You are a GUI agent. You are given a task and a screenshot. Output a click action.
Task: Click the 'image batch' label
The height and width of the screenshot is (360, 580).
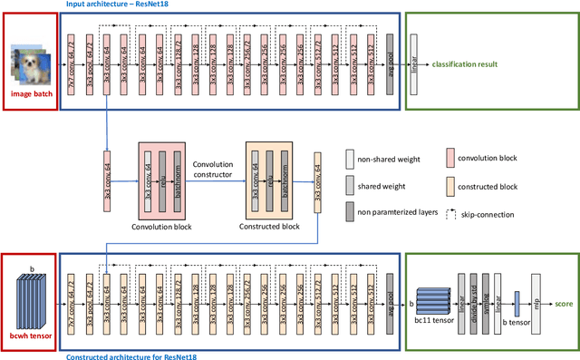point(29,93)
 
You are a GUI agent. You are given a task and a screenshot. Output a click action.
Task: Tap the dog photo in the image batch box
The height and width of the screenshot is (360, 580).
point(30,66)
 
